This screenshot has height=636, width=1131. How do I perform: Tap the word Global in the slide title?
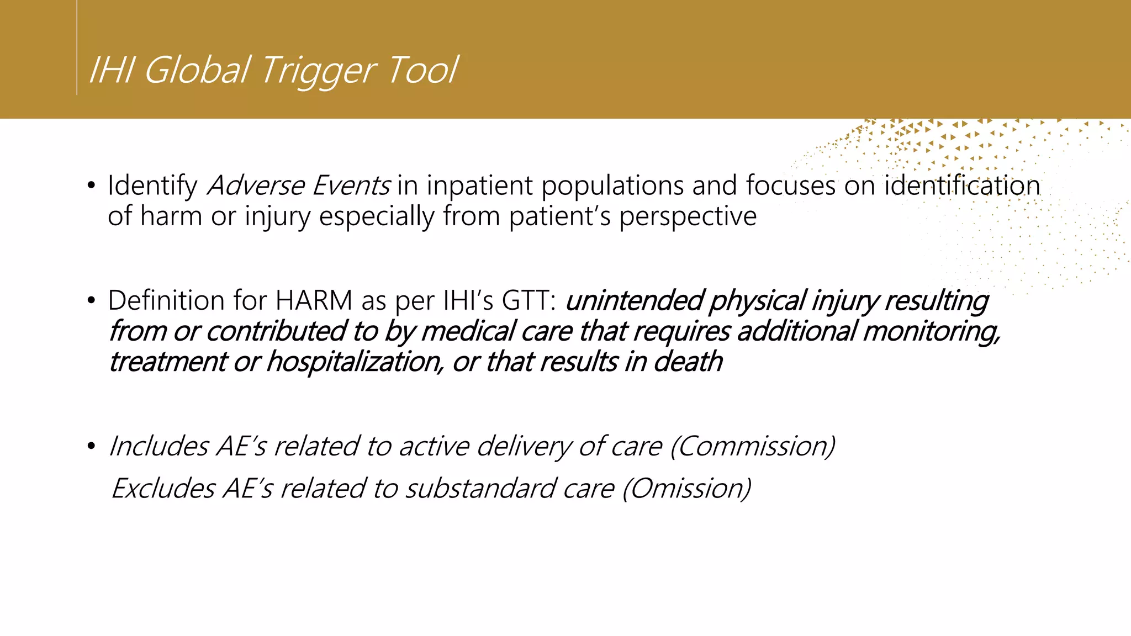coord(197,71)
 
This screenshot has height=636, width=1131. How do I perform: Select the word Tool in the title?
coord(422,71)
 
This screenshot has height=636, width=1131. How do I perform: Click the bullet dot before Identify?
coord(92,186)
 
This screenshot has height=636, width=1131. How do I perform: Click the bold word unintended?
coord(633,301)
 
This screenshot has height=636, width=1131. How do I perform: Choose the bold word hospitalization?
coord(354,362)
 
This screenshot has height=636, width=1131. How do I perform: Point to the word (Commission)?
coord(752,446)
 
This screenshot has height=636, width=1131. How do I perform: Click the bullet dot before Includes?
coord(92,447)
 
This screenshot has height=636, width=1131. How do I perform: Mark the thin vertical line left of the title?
coord(77,50)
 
